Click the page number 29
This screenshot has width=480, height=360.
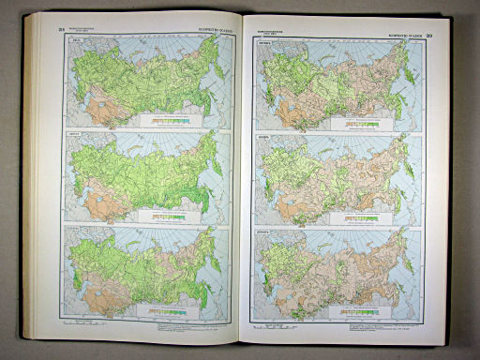430,37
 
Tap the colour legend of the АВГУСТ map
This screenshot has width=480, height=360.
168,212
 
